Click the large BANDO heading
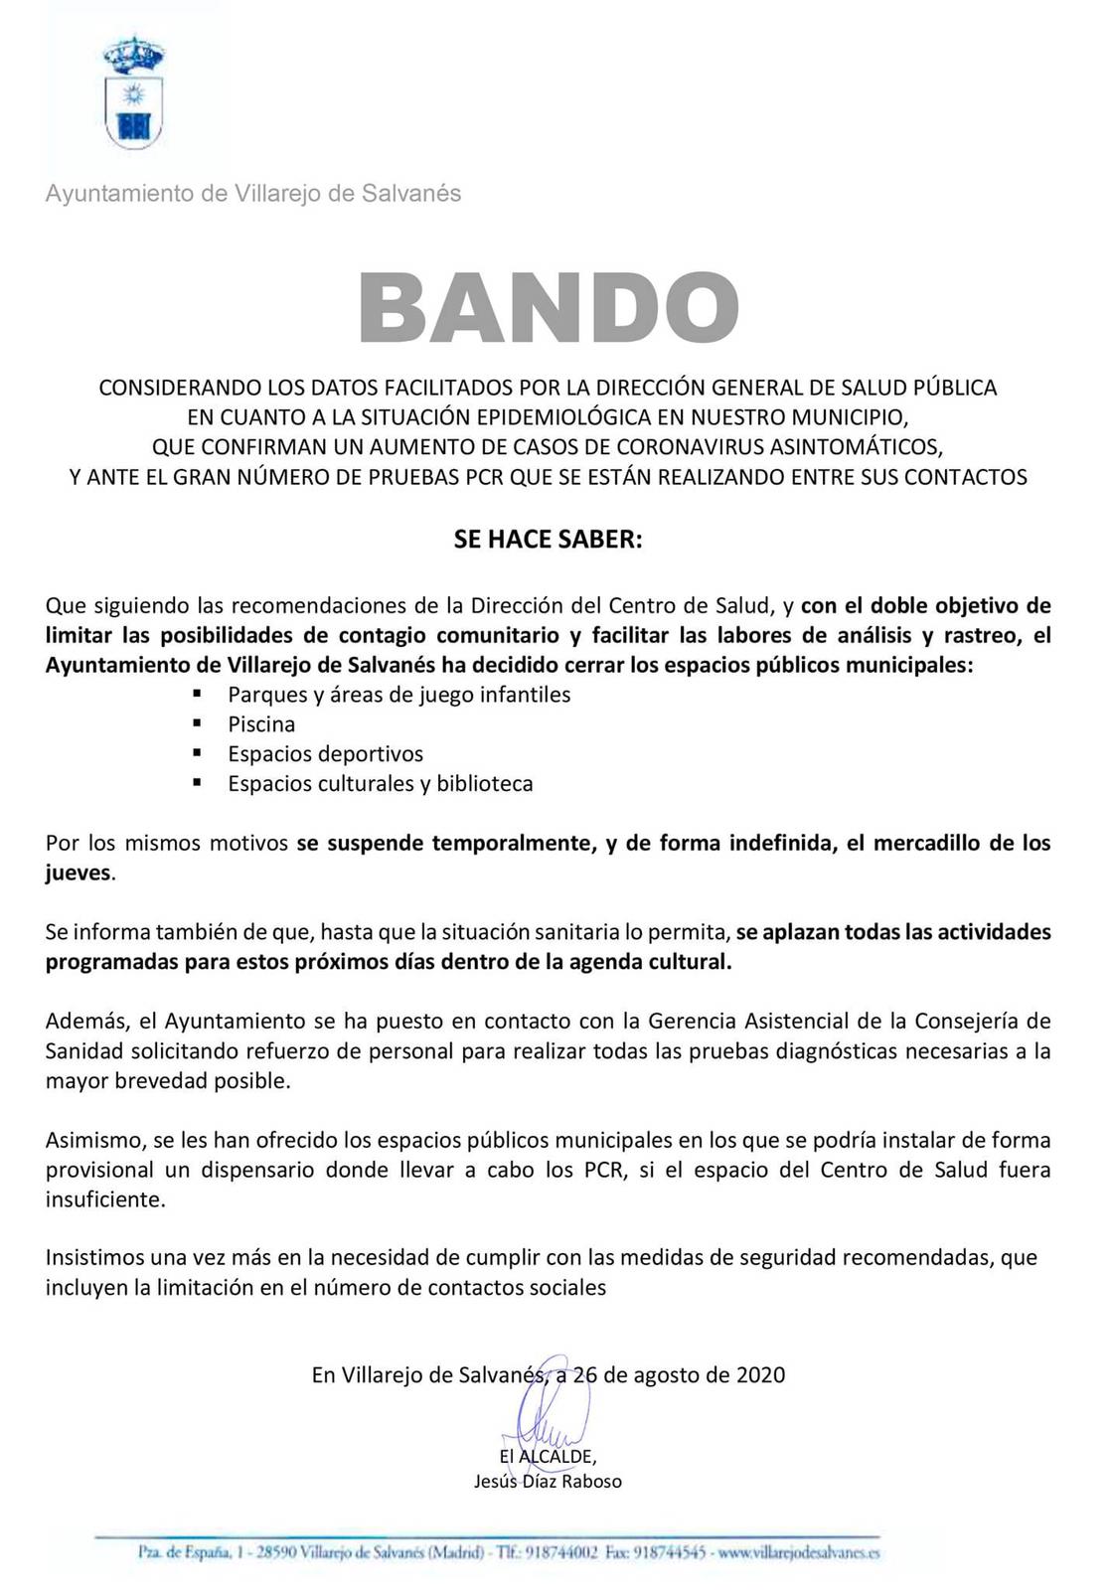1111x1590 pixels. click(549, 307)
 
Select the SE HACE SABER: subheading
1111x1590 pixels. click(549, 540)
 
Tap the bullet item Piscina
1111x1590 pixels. click(261, 724)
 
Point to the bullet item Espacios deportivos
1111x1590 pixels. click(325, 754)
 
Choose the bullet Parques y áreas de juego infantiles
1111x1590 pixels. click(398, 695)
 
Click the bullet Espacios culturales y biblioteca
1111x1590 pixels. click(380, 784)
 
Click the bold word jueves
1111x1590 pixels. click(79, 874)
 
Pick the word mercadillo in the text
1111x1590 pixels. click(925, 844)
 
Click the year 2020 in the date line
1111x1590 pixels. click(760, 1375)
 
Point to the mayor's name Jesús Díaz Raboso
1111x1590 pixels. click(549, 1482)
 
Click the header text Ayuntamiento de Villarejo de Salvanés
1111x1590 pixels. click(253, 194)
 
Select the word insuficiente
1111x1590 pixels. click(103, 1199)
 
